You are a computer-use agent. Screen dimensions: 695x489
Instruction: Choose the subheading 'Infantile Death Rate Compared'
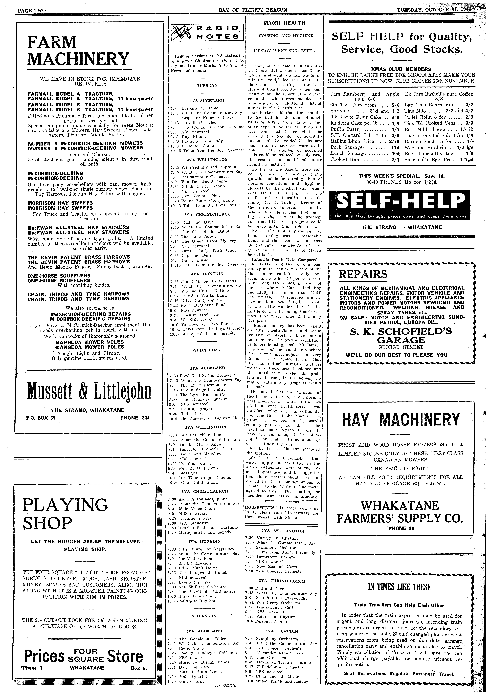coord(285,259)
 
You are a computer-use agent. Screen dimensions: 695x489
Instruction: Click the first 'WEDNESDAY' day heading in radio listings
coord(207,350)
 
